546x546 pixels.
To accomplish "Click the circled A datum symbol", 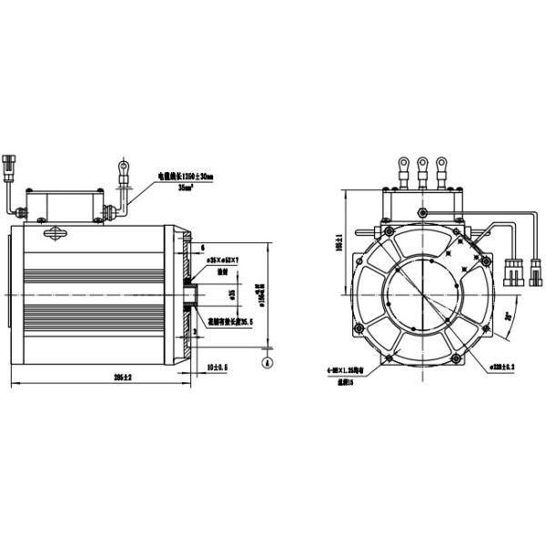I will click(x=266, y=361).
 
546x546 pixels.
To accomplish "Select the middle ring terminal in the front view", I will click(x=421, y=165).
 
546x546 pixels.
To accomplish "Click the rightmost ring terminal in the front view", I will click(x=442, y=165).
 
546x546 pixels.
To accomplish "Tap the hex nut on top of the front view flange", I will click(x=421, y=213).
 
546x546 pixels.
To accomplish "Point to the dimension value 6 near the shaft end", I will click(x=202, y=248).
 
